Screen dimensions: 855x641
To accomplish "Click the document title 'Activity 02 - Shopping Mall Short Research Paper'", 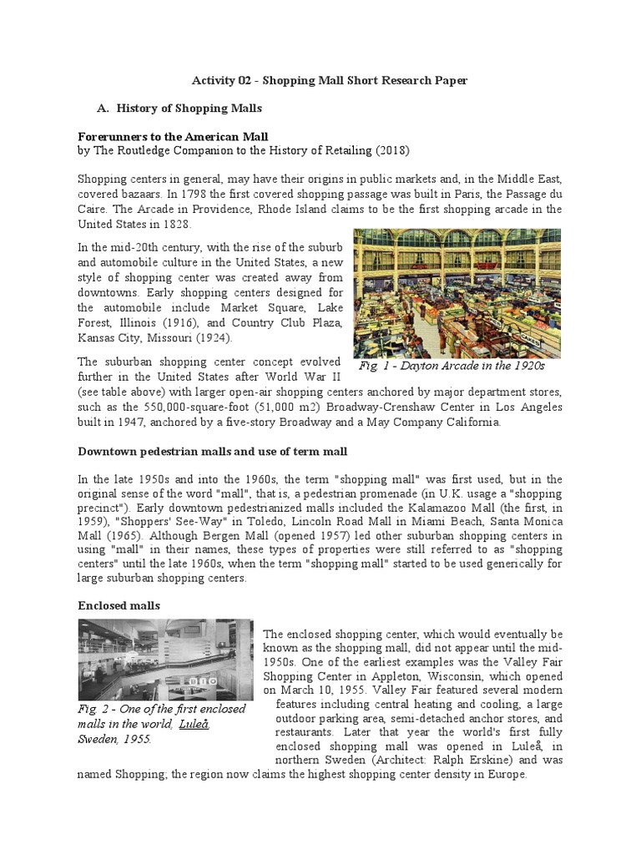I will coord(330,80).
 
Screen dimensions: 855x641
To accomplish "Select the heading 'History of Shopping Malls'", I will coord(189,108).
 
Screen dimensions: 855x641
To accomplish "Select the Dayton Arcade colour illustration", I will coord(457,293).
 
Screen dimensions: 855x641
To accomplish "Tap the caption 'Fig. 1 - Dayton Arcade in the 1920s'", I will coord(451,366).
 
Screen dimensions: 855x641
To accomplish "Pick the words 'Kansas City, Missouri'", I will coord(134,340).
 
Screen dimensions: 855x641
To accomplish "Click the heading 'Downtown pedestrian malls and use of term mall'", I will coord(212,451).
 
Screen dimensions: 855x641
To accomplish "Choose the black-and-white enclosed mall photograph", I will coord(165,660).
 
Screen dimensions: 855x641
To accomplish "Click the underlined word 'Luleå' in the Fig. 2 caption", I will coord(194,723).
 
